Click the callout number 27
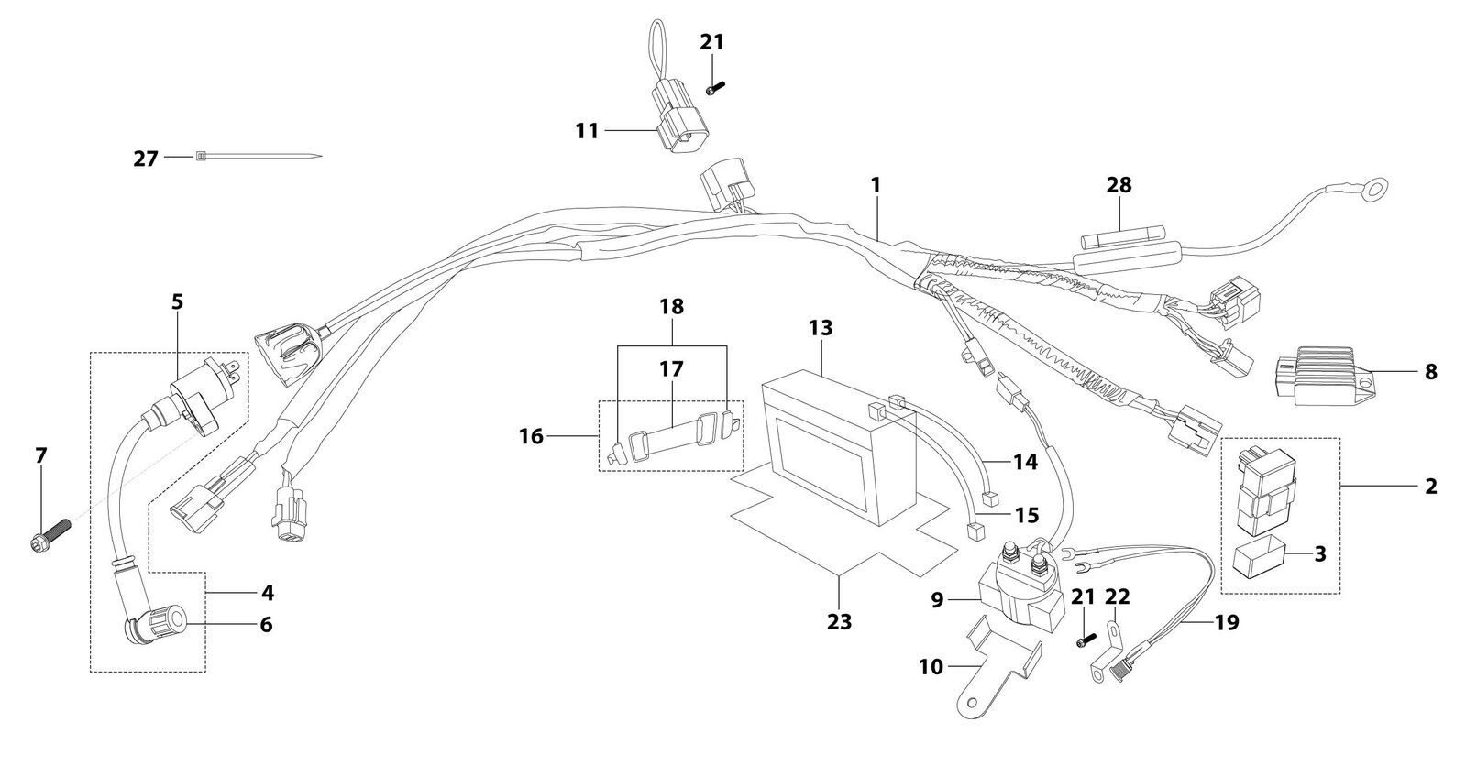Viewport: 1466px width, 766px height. coord(145,159)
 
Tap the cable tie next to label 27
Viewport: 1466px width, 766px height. coord(259,157)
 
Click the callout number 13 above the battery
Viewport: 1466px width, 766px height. coord(821,328)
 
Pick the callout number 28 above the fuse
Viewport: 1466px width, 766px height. coord(1119,185)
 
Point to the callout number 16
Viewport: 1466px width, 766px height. coord(531,436)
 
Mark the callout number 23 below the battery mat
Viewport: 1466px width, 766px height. coord(839,621)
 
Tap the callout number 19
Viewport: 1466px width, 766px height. coord(1227,623)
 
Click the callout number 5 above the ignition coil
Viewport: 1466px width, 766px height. coord(177,302)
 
